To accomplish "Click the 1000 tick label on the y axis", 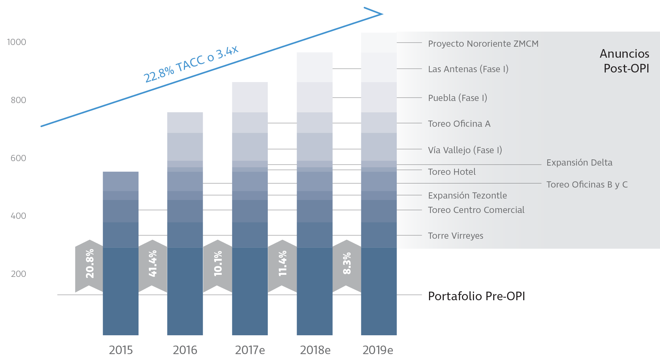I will tap(16, 42).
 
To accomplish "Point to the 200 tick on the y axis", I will tap(18, 274).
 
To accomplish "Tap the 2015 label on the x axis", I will tap(121, 350).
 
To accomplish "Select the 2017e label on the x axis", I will tap(250, 350).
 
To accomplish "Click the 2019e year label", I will tap(378, 350).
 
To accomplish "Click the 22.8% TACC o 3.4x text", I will tap(191, 64).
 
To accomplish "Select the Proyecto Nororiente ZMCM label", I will tap(483, 44).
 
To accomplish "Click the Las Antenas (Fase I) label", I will tap(468, 69).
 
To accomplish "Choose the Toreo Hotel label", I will tap(452, 172).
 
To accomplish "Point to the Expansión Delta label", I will tap(579, 162).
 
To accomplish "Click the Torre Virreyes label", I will tap(455, 236).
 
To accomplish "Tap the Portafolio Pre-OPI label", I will tap(476, 296).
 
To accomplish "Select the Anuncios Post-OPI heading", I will tap(625, 61).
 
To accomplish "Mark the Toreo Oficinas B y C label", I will tap(587, 184).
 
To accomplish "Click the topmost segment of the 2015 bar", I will tap(121, 181).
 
